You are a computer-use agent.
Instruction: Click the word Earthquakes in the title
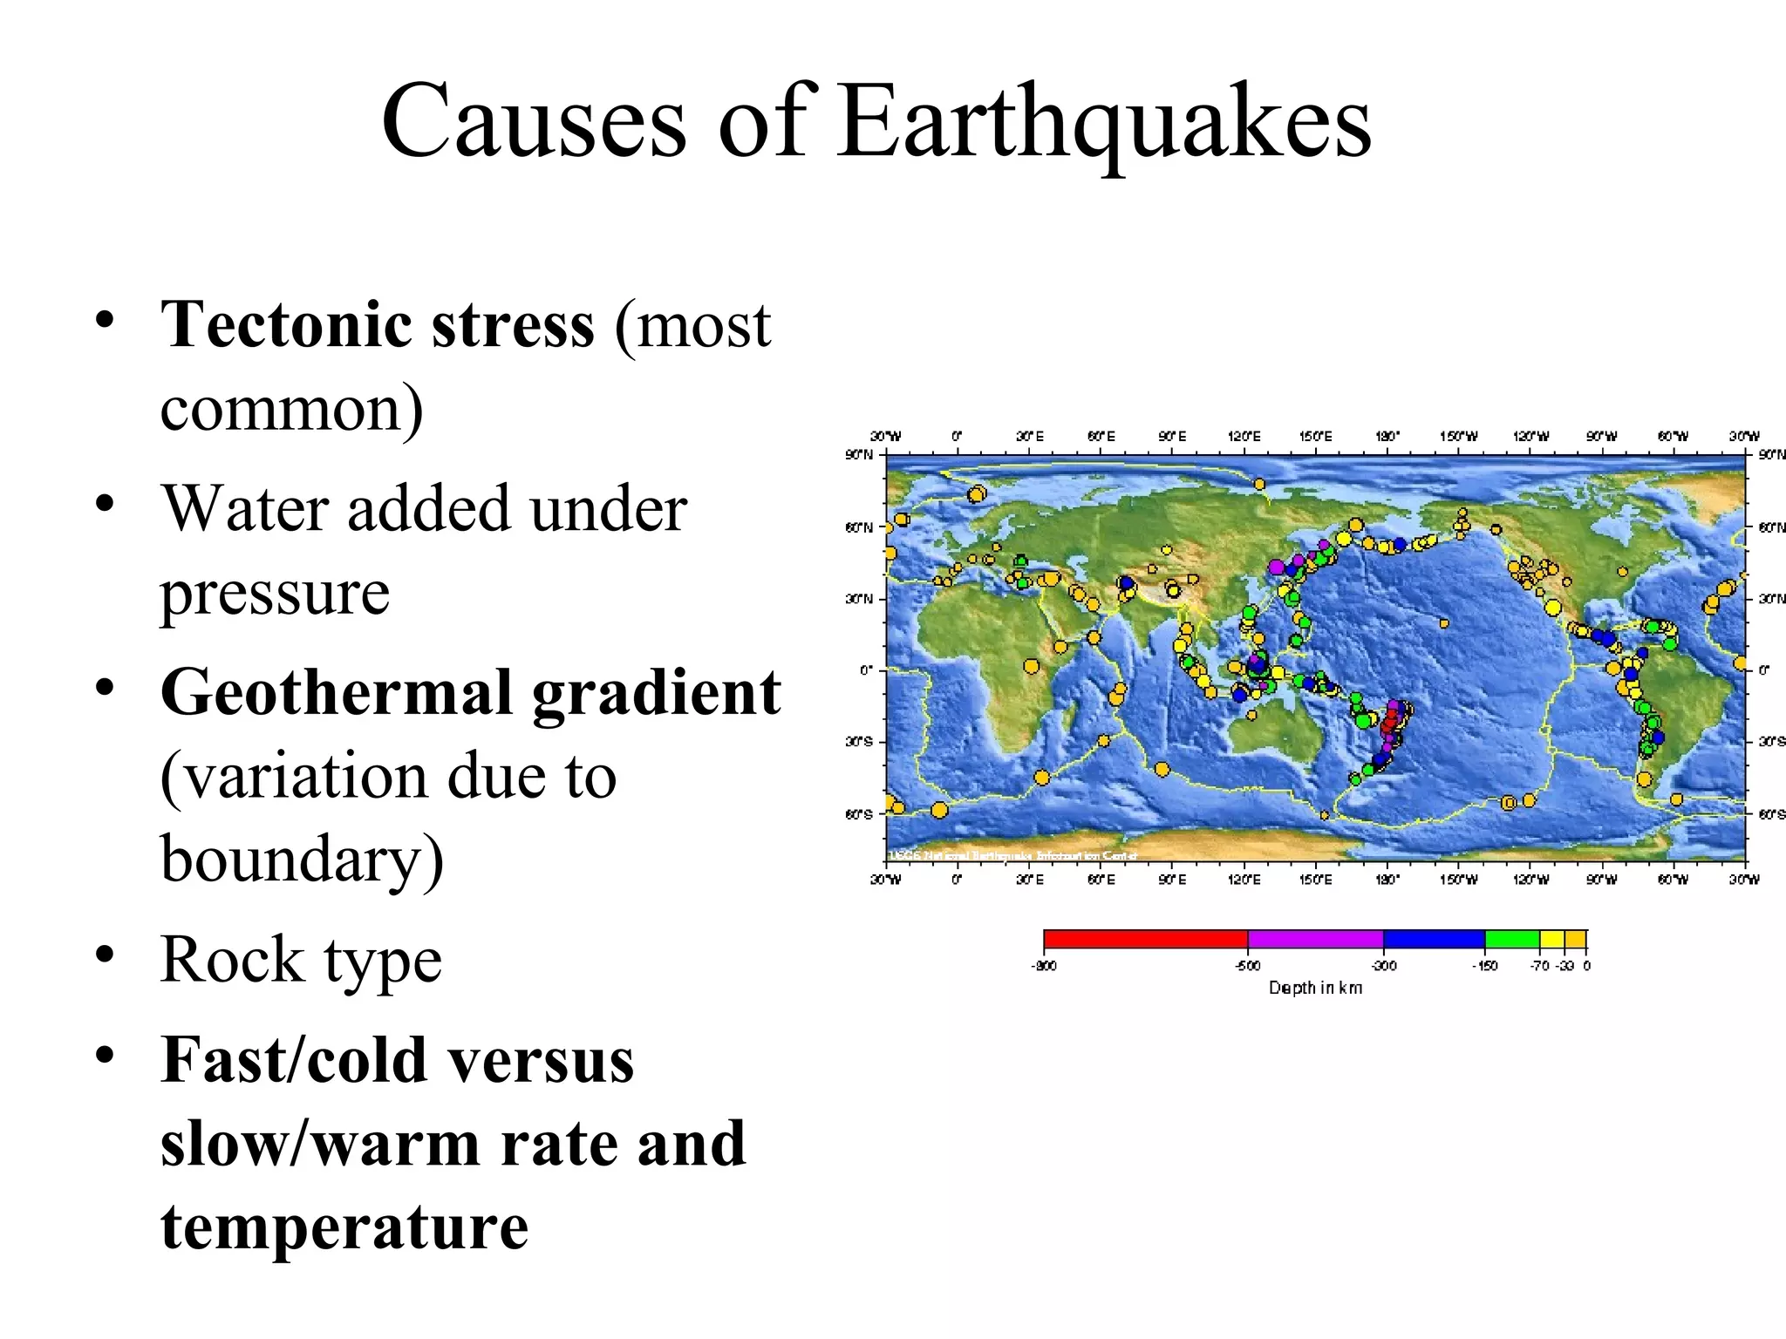click(x=1104, y=122)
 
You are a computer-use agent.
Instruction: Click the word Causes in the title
click(x=534, y=122)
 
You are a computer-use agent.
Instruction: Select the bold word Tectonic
click(x=284, y=324)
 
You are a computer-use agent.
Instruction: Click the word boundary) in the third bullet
click(x=302, y=860)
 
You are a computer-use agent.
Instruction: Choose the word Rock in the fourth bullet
click(x=232, y=960)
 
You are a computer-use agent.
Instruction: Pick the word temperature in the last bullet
click(x=344, y=1227)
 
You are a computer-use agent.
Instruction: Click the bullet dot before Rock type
click(x=105, y=955)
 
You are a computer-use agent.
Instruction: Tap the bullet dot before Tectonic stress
click(x=105, y=320)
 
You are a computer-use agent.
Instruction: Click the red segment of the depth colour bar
click(x=1145, y=939)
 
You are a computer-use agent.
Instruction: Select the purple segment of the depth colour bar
click(x=1315, y=939)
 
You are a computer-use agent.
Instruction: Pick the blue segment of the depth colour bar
click(x=1434, y=939)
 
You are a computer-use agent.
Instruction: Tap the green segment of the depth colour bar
click(x=1511, y=939)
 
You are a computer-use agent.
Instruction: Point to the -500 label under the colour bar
click(x=1248, y=966)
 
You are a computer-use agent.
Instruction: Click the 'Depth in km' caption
click(x=1315, y=988)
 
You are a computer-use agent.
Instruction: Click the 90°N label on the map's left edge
click(x=859, y=454)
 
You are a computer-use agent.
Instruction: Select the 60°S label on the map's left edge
click(x=859, y=814)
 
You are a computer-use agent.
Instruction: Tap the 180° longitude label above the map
click(x=1387, y=436)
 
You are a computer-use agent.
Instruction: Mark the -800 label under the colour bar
click(x=1044, y=966)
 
